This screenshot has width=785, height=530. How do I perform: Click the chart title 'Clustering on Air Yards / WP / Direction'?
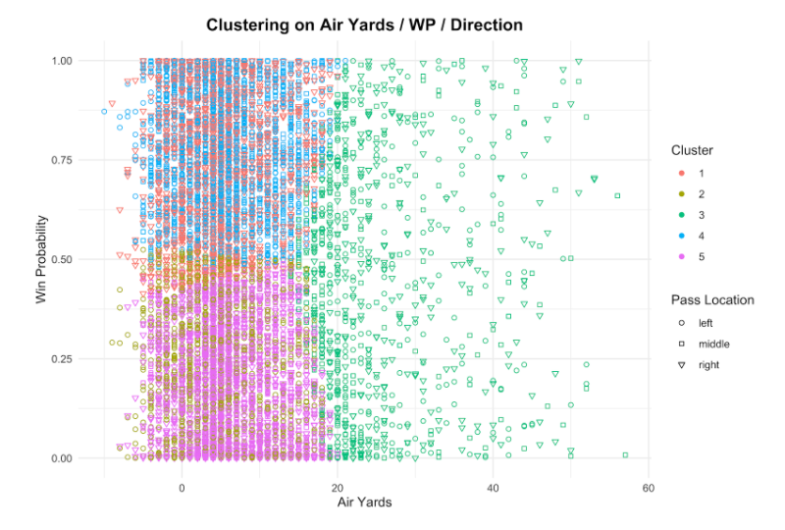(364, 24)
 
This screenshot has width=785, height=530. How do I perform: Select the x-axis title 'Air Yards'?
(365, 503)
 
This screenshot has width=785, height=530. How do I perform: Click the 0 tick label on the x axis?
(182, 487)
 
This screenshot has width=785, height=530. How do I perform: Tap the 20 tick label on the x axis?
(338, 487)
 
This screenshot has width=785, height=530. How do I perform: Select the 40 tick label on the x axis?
(493, 487)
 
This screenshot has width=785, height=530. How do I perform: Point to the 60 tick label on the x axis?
(649, 487)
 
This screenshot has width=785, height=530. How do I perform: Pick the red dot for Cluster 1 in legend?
(680, 173)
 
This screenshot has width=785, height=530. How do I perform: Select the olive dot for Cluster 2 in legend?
(680, 193)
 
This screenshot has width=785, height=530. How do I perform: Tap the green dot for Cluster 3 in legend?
(680, 215)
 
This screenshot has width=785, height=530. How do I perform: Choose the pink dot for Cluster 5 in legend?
(680, 257)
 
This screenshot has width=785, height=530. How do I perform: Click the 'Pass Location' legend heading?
(712, 299)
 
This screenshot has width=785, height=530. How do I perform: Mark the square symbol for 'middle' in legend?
(680, 344)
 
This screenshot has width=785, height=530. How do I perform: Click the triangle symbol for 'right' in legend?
(680, 365)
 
